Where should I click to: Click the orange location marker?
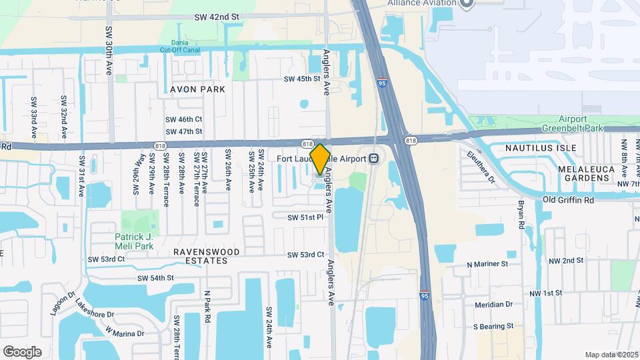click(x=320, y=159)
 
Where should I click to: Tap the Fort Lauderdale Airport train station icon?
click(x=375, y=159)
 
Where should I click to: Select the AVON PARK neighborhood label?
click(x=197, y=89)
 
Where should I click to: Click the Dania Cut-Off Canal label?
click(x=180, y=45)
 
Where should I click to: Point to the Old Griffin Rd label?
click(x=568, y=199)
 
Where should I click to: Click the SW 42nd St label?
click(x=216, y=17)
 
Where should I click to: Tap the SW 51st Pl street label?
click(x=305, y=217)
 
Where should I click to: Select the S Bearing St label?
click(x=493, y=327)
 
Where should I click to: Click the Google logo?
click(x=22, y=351)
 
